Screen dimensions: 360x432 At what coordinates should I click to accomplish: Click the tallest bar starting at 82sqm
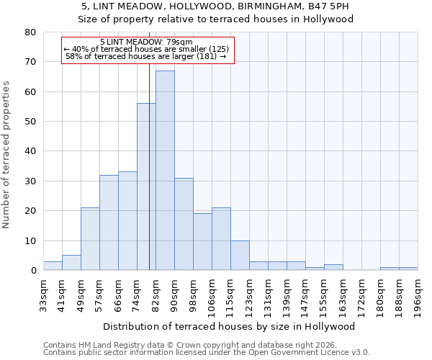click(165, 171)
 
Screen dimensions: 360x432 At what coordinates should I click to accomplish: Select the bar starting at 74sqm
click(146, 187)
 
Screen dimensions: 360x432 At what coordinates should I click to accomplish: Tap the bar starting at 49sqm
click(90, 239)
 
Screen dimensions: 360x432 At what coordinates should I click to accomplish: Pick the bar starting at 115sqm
click(240, 256)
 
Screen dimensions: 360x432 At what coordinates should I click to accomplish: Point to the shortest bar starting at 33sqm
click(53, 266)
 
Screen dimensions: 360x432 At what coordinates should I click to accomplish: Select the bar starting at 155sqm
click(333, 267)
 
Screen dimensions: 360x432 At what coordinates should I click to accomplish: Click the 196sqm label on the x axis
click(418, 295)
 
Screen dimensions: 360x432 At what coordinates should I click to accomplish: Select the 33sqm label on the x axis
click(44, 295)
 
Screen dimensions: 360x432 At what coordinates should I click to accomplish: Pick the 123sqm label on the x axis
click(250, 295)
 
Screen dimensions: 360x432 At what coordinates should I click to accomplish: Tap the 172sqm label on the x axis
click(362, 295)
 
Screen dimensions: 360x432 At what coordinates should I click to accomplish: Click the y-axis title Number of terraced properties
click(7, 155)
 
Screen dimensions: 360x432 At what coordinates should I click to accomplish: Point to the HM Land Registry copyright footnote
click(184, 345)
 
